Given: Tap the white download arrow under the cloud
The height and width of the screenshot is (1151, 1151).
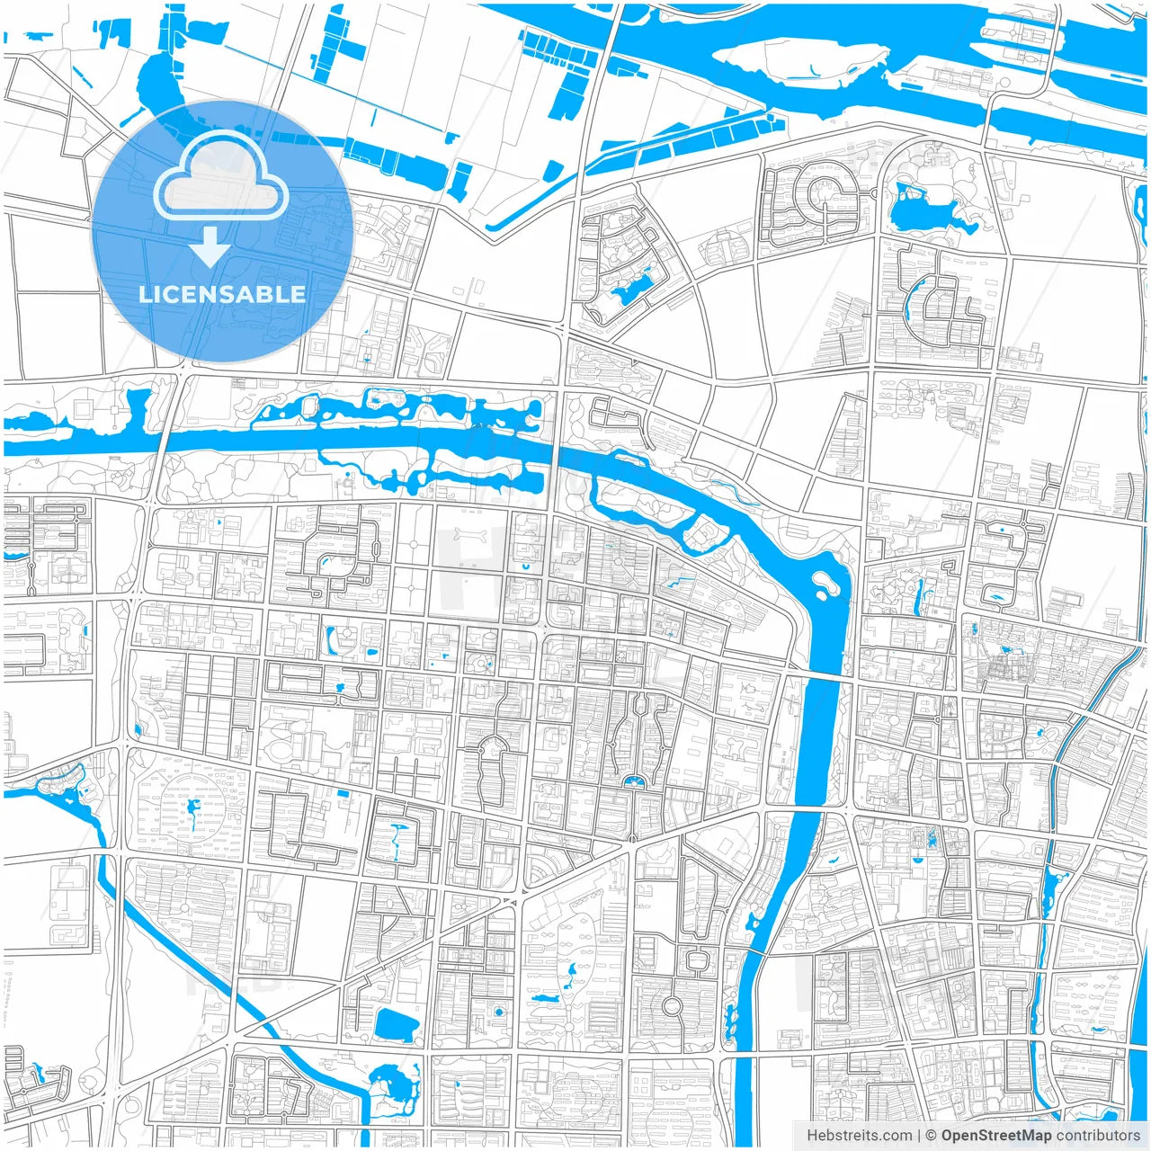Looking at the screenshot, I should click(210, 248).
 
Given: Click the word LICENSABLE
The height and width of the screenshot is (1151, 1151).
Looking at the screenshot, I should click(221, 294).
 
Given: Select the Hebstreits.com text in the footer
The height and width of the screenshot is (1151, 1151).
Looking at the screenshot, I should click(859, 1136).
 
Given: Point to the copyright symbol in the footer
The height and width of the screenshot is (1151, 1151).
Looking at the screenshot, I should click(931, 1136).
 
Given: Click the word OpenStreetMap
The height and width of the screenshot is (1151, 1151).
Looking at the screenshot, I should click(995, 1136).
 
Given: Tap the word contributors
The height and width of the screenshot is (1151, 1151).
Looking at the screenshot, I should click(1098, 1136).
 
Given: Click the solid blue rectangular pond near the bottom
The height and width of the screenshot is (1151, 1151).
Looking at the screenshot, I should click(396, 1025).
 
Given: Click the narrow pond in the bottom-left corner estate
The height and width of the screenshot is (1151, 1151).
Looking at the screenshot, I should click(38, 1075).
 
